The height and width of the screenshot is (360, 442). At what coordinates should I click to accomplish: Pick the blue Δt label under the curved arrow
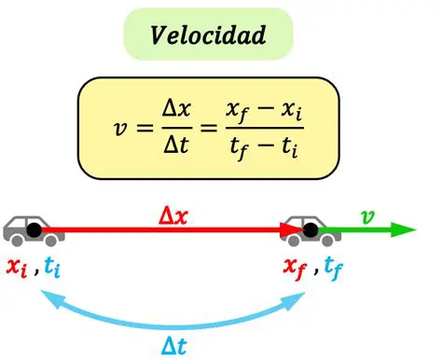click(x=175, y=344)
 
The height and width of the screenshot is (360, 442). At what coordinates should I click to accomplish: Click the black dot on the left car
click(x=34, y=229)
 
